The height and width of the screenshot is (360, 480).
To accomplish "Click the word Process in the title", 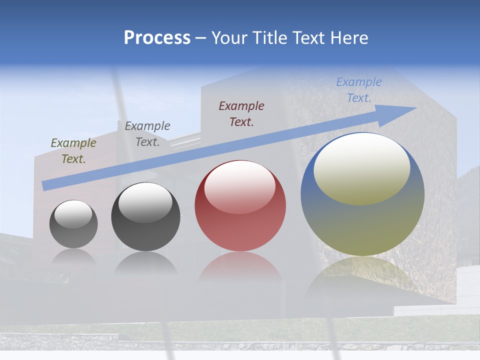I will [157, 38].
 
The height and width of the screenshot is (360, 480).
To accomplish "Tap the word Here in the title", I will [348, 38].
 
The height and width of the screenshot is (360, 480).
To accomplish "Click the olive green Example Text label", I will [73, 151].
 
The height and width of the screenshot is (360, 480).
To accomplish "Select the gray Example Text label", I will [147, 134].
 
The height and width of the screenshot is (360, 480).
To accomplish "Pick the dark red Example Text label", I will [241, 114].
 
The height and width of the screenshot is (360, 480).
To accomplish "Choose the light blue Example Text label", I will [359, 90].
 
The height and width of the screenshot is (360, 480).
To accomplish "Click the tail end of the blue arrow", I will [45, 185].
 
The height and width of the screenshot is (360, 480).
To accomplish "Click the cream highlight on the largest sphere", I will [362, 169].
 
